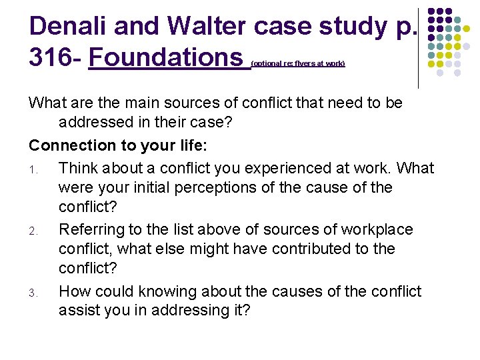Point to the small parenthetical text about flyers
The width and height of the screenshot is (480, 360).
(x=298, y=64)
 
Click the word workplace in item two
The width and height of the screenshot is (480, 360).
(x=377, y=229)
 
